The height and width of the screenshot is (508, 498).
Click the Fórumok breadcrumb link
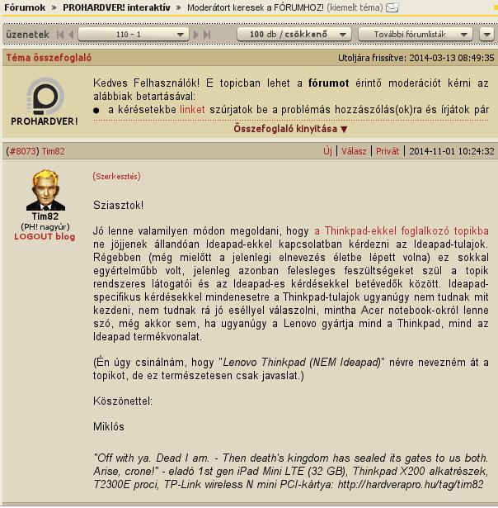25,7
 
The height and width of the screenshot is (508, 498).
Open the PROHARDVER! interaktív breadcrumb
118,7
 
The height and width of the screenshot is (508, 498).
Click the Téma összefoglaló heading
48,59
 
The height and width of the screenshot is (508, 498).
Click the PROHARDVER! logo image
45,102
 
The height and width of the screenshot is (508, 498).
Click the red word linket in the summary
192,109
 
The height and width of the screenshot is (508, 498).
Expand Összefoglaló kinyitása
290,129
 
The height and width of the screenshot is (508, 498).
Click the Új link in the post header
327,151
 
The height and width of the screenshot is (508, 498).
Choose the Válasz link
354,151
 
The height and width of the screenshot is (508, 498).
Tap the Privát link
388,151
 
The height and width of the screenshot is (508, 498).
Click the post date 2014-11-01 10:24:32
452,151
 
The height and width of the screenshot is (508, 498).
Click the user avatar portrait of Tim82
45,191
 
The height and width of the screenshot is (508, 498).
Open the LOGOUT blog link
45,236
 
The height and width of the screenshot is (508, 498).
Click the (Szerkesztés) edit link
116,176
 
